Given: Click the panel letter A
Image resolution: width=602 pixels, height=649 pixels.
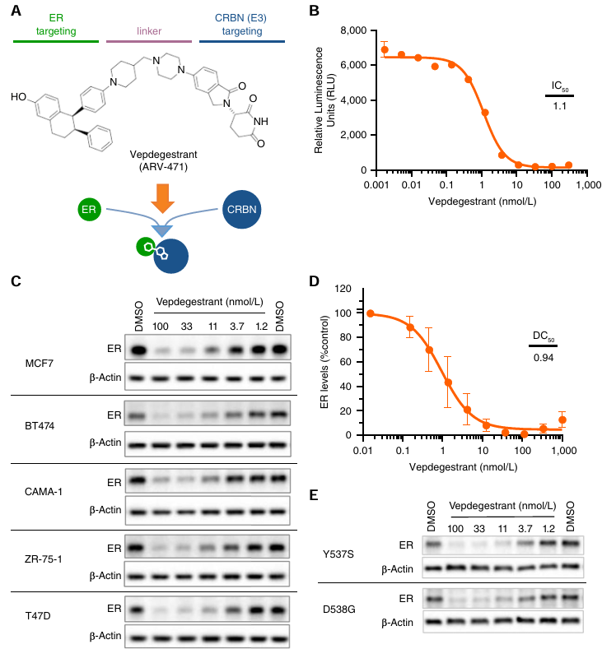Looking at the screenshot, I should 16,12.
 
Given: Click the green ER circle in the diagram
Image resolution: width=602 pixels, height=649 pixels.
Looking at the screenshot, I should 88,210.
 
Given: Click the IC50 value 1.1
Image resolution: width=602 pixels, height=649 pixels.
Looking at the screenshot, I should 559,106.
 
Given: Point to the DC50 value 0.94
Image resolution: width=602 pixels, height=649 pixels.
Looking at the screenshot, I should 542,357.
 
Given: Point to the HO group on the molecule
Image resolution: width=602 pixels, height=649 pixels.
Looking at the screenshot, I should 18,97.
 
